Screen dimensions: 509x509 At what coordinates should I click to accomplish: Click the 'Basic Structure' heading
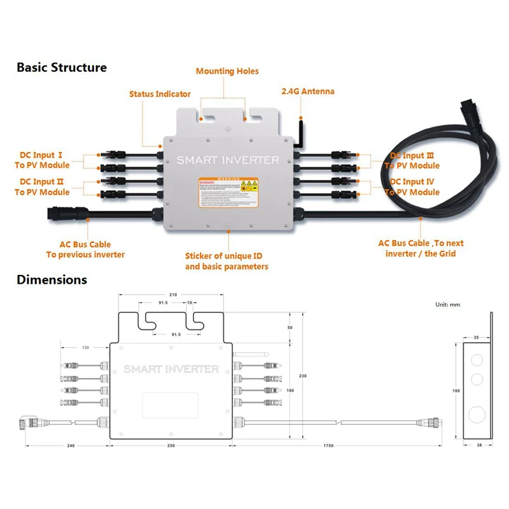[62, 67]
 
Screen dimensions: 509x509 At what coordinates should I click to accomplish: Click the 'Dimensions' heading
[52, 279]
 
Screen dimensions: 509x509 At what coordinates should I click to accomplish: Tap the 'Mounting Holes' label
[227, 71]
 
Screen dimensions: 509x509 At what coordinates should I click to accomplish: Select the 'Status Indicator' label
[160, 94]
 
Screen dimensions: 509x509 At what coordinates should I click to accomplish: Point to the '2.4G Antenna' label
[307, 92]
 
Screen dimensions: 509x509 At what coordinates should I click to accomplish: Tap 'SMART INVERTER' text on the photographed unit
[228, 160]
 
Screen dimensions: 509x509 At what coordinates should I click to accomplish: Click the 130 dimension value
[85, 348]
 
